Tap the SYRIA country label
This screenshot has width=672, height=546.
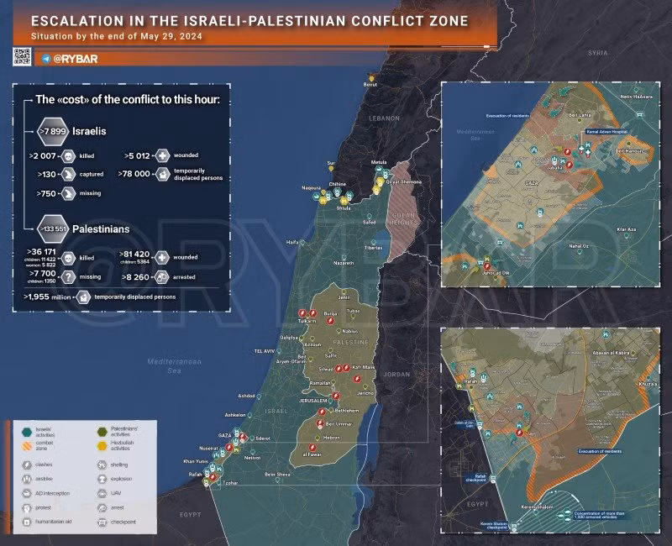pos(597,52)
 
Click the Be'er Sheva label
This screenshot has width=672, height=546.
pos(276,475)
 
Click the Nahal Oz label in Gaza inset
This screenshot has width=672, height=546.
pos(578,246)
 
